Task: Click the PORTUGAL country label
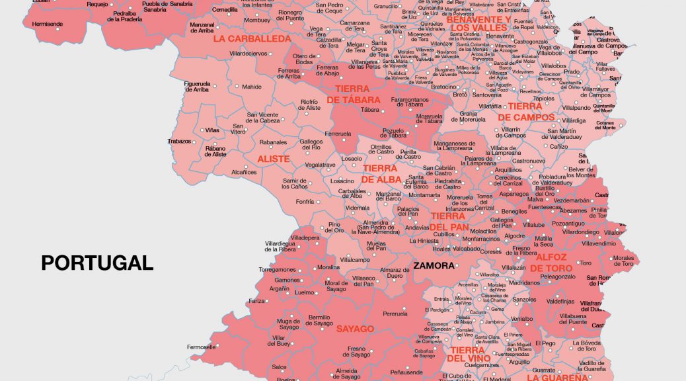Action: [97, 263]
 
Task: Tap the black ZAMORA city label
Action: [434, 266]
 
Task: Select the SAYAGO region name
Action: [355, 329]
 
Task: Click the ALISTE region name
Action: [273, 159]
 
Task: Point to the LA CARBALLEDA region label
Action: [251, 39]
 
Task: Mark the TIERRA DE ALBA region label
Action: [379, 174]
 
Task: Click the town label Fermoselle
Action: [201, 347]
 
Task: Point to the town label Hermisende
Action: [47, 24]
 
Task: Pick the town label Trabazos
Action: [179, 142]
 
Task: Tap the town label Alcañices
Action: [244, 172]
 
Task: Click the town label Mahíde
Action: [251, 87]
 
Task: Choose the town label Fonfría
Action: [305, 202]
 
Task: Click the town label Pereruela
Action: [395, 314]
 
